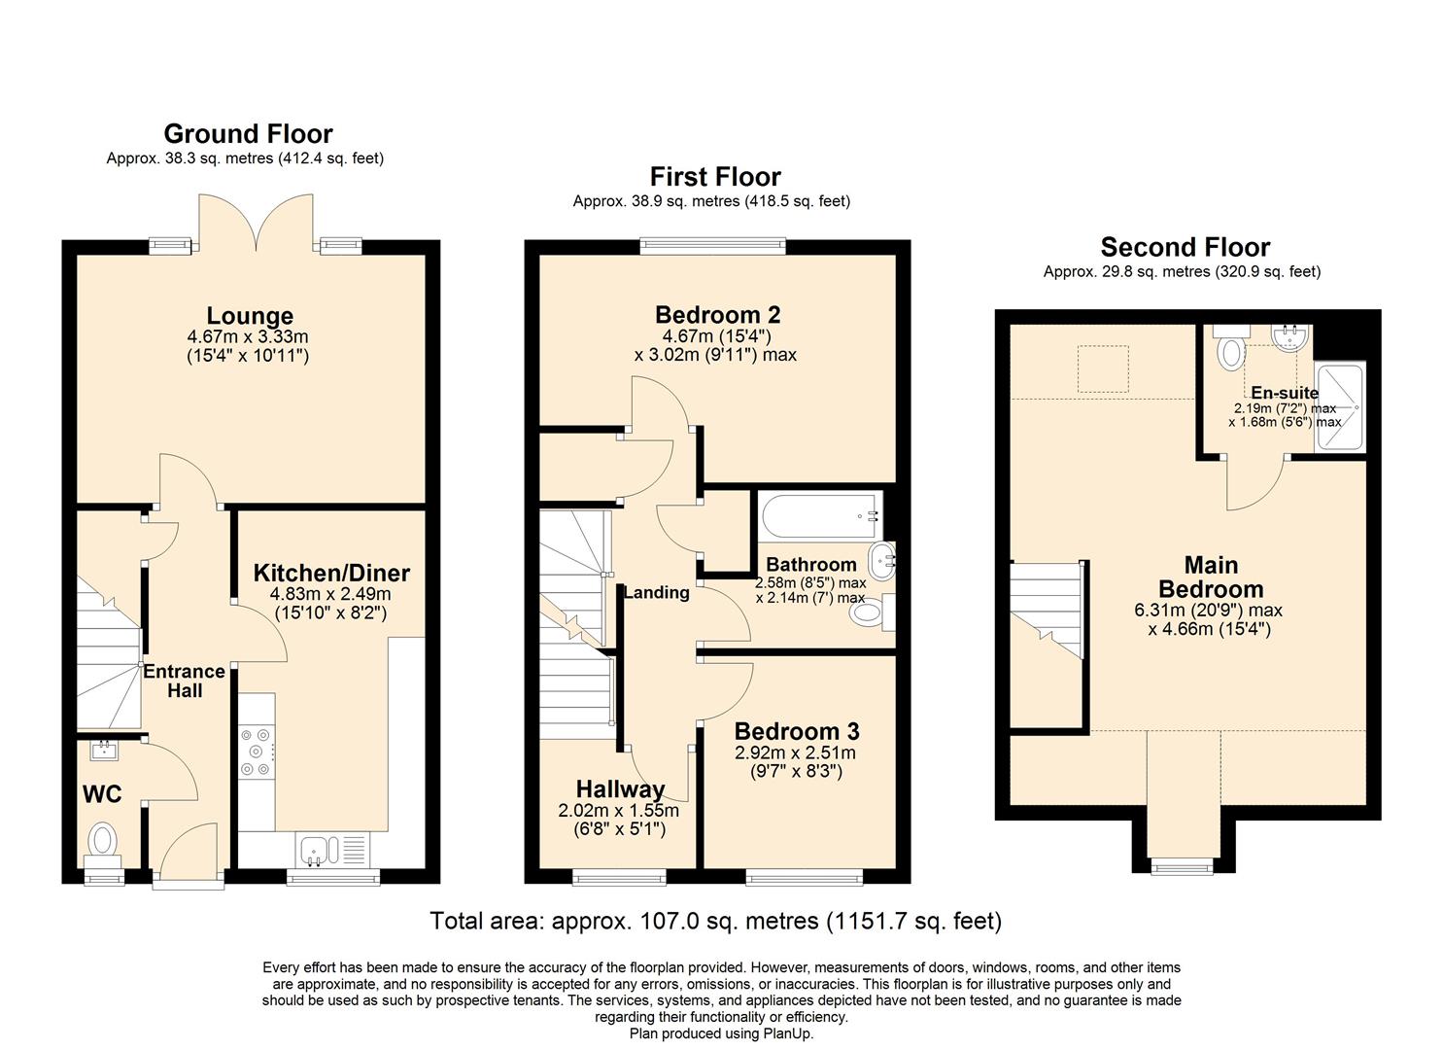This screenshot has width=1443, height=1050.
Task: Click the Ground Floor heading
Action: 248,134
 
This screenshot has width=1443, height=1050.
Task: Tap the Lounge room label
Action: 250,316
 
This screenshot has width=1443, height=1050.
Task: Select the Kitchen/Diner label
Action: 331,573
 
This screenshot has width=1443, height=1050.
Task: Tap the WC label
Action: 102,794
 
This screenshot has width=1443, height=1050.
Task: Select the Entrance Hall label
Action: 184,681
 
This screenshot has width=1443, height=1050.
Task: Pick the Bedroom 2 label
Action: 717,315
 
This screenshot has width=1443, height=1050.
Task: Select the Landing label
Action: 656,592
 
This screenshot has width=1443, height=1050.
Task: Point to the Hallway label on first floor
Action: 620,788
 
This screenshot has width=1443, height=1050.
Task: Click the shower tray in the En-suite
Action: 1340,408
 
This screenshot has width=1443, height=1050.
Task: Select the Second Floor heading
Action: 1185,247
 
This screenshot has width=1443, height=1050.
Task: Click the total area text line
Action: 715,921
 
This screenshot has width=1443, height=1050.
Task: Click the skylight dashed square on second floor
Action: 1103,369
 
